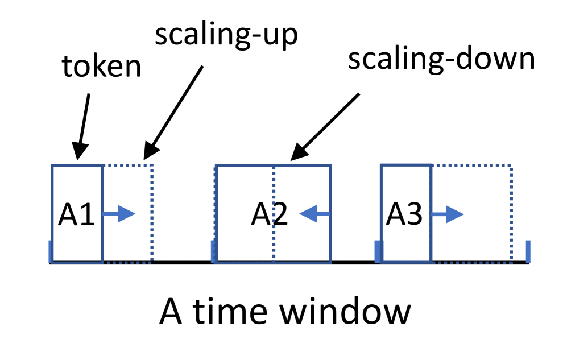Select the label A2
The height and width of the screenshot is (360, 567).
coord(270,214)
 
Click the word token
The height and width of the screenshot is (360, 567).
coord(102,67)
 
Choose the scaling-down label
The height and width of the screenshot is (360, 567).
coord(441,60)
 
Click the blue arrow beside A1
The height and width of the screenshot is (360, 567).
coord(120,214)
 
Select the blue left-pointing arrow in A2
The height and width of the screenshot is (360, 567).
coord(314,214)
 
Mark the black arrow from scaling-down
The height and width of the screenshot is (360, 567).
coord(324,125)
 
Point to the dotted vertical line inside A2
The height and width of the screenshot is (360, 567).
coord(274,239)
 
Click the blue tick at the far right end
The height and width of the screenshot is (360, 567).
coord(528,251)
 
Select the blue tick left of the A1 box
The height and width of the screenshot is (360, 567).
coord(51,251)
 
